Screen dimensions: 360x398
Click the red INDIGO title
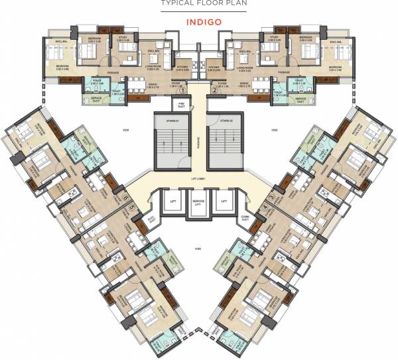coord(198,21)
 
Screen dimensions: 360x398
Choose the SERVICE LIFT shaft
coord(198,202)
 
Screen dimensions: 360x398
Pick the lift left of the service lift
coord(171,202)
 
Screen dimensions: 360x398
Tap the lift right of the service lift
coord(225,202)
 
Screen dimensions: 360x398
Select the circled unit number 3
coord(271,198)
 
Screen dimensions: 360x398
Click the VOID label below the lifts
coord(197,249)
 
